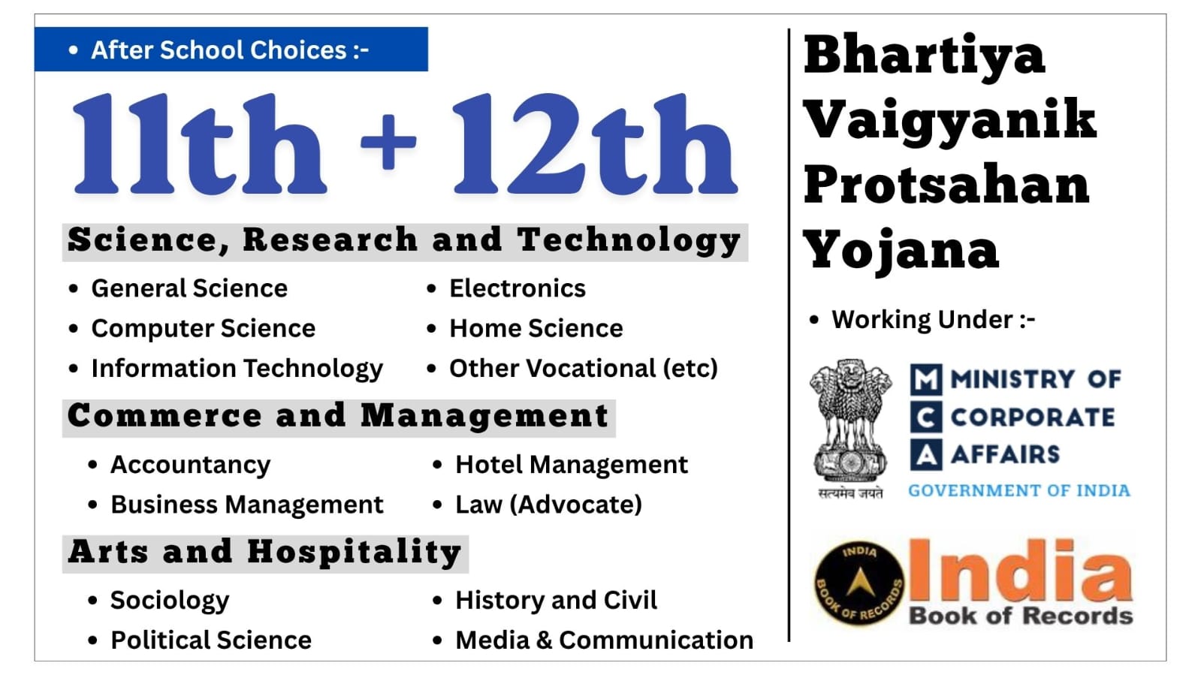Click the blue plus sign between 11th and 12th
coord(388,142)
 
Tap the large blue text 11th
coord(200,143)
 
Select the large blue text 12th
coord(595,143)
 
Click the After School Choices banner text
coord(230,50)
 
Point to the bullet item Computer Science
coord(204,328)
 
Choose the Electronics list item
coord(518,288)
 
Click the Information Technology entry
coord(237,369)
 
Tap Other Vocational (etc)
coord(584,369)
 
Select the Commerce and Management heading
coord(338,417)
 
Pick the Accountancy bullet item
coord(190,465)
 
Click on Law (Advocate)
coord(548,505)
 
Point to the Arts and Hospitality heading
coord(265,552)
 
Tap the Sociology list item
coord(170,601)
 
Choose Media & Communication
coord(604,640)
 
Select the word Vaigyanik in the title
coord(950,122)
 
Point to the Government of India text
coord(1018,490)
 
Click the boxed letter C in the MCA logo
coord(926,417)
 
